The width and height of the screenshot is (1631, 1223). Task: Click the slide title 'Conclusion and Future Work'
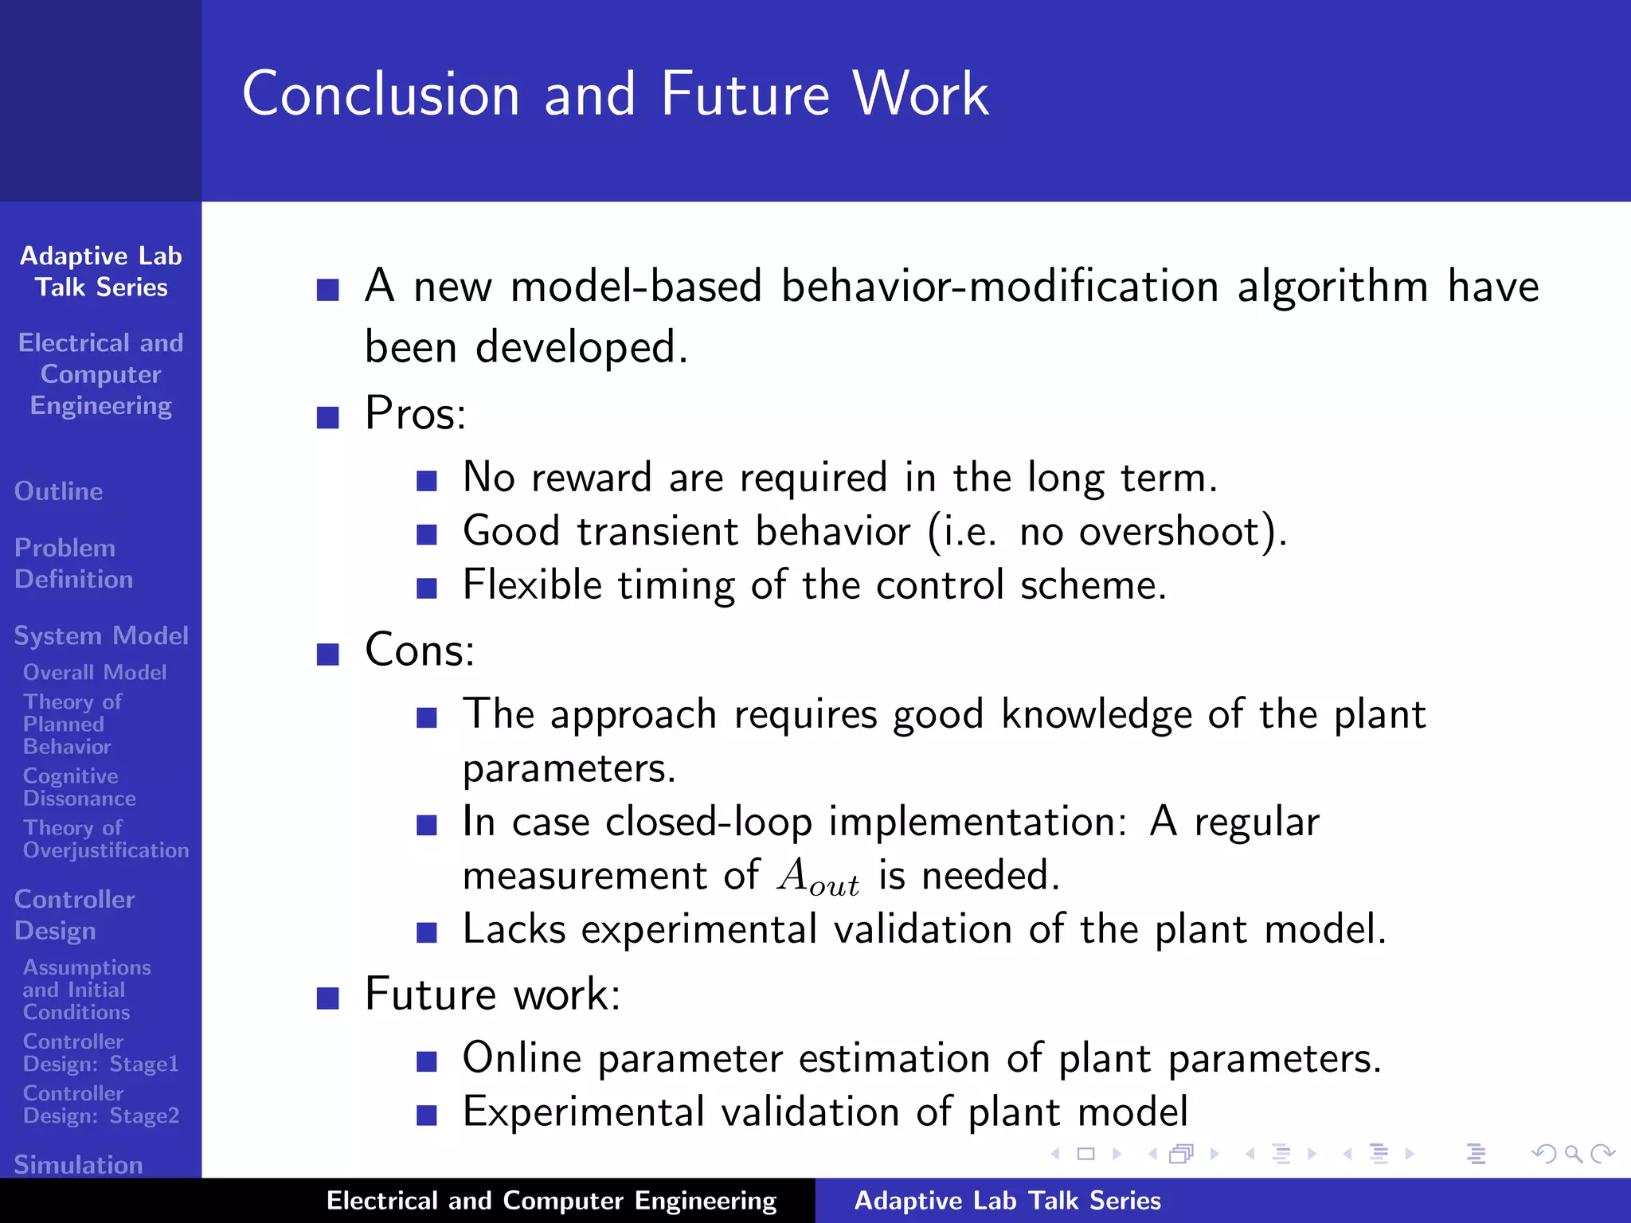tap(615, 94)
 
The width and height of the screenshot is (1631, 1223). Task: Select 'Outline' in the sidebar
tap(59, 491)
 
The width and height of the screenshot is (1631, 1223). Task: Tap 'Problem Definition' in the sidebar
tap(73, 564)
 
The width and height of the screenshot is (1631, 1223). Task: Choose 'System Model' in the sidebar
tap(101, 635)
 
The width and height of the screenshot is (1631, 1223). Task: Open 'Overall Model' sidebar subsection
tap(95, 673)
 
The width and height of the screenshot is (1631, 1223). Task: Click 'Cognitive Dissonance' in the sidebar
tap(79, 787)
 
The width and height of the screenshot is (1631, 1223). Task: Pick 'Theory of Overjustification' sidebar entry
tap(105, 839)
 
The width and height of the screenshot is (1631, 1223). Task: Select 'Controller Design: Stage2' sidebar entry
tap(100, 1104)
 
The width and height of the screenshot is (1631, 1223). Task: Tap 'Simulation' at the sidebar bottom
tap(78, 1164)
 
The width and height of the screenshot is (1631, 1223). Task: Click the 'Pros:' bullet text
tap(415, 413)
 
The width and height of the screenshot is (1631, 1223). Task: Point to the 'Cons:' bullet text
tap(420, 651)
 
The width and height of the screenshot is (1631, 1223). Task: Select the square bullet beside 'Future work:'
tap(327, 998)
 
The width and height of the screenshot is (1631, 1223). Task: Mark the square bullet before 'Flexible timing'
tap(427, 588)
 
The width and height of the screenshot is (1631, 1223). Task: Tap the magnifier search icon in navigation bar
tap(1573, 1154)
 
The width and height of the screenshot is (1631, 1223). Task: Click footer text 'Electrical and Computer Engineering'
tap(551, 1201)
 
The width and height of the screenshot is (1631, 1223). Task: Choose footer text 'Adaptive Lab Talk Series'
tap(1007, 1201)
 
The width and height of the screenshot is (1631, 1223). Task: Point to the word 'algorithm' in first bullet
tap(1332, 287)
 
